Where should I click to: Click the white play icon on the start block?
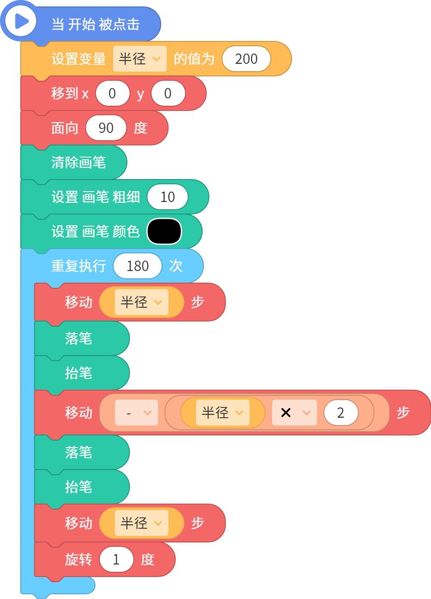point(21,21)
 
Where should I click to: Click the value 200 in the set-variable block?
point(246,59)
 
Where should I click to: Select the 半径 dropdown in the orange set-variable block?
point(139,59)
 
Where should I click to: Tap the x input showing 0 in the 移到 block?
point(112,93)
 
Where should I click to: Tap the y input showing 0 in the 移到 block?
point(168,93)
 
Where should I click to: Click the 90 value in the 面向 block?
point(106,128)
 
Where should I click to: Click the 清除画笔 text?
point(79,162)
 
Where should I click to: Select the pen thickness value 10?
point(168,197)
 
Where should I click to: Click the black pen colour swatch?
point(164,231)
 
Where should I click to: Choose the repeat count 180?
point(137,266)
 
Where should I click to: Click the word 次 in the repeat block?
point(176,266)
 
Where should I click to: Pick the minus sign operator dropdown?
point(136,413)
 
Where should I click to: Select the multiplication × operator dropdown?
point(294,413)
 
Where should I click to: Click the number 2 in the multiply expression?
point(341,413)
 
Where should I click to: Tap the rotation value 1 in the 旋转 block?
point(116,559)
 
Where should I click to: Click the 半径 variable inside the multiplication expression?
point(222,413)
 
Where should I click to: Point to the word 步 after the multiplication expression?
point(403,413)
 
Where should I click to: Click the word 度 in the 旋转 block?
point(148,559)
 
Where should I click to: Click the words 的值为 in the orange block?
point(194,59)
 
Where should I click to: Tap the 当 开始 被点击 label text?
point(95,24)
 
